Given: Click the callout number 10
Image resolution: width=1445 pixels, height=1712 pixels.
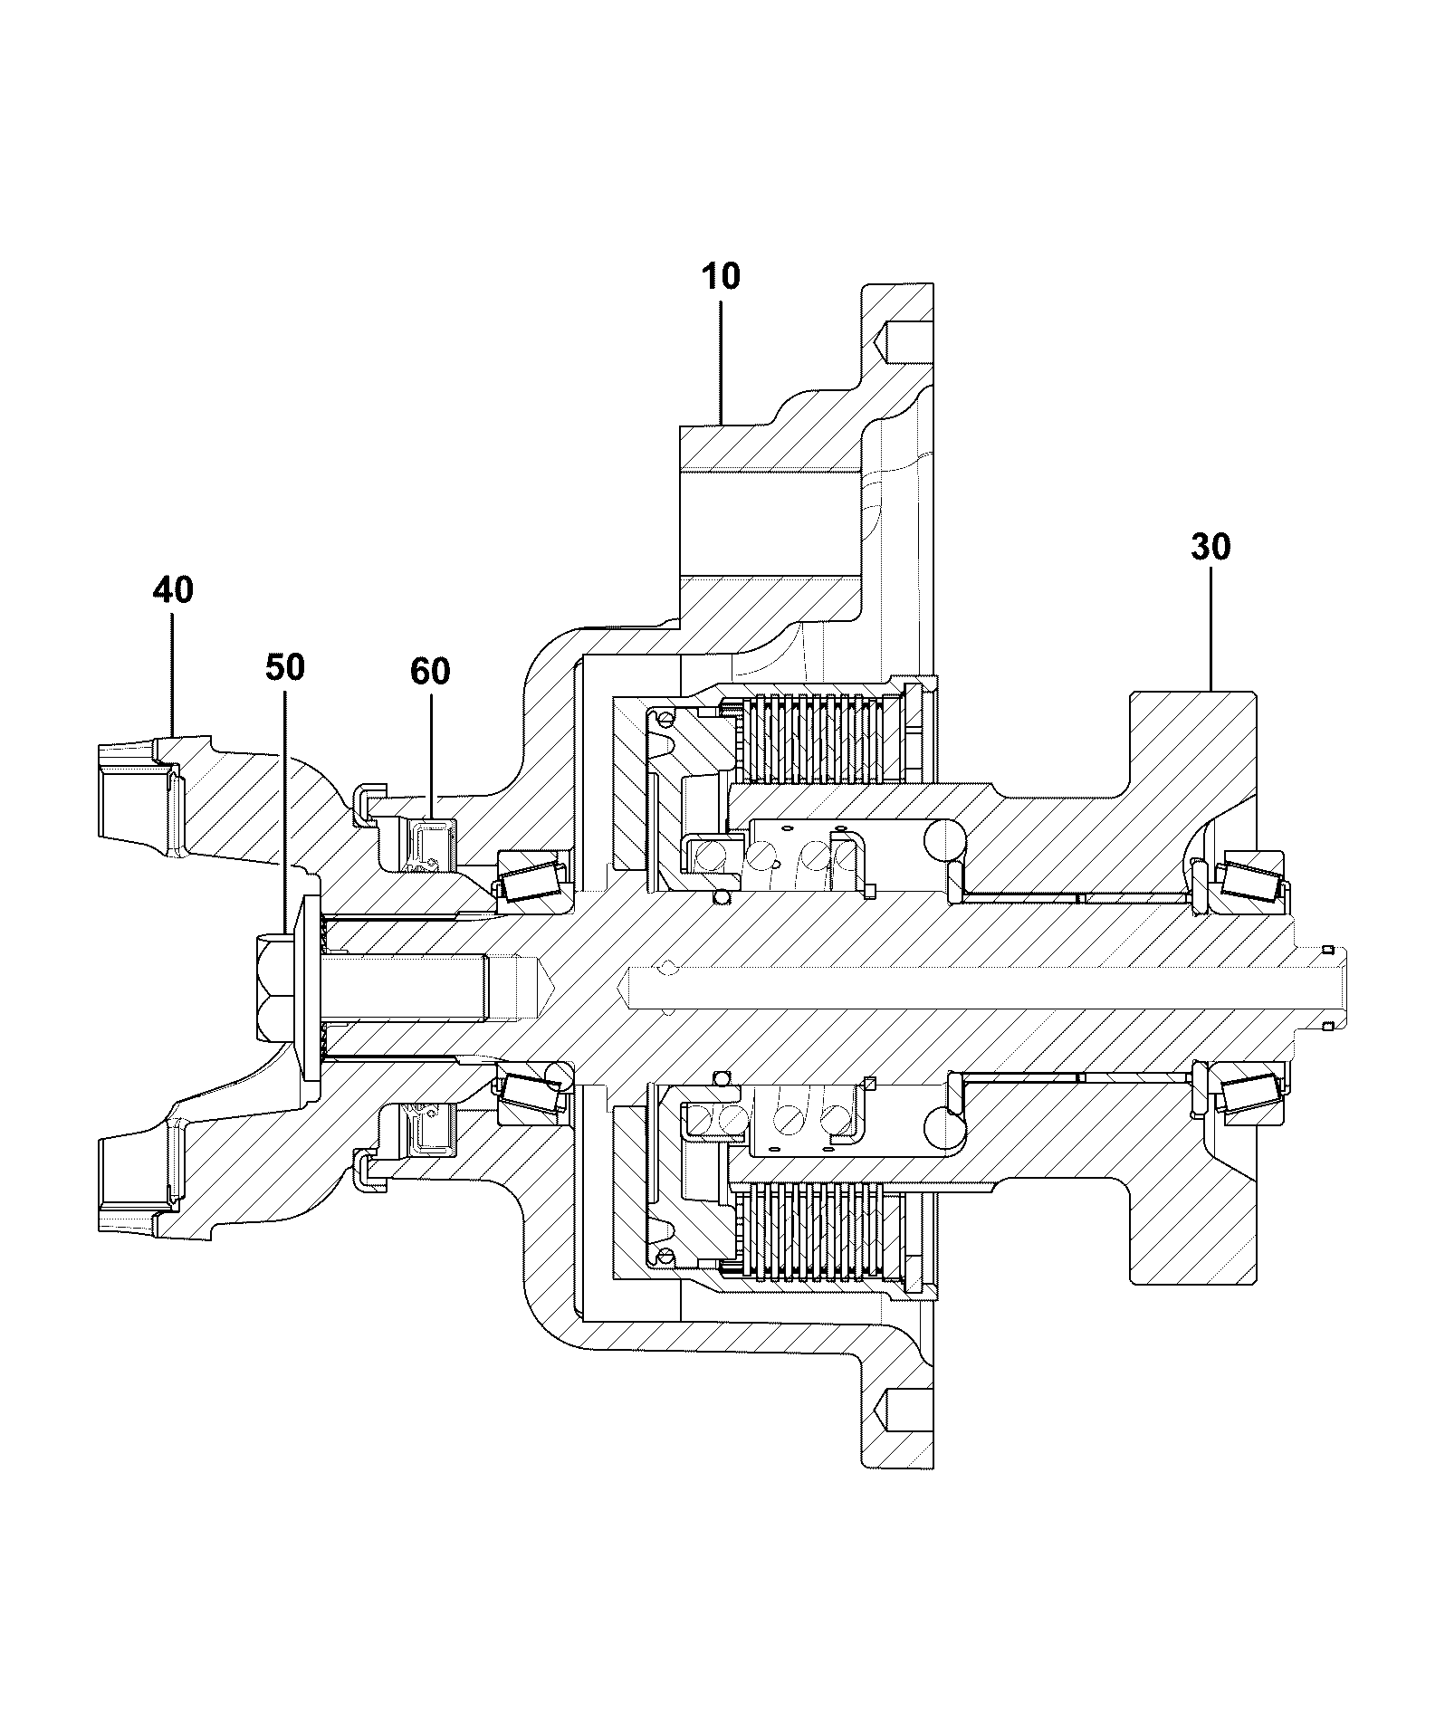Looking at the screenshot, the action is point(721,276).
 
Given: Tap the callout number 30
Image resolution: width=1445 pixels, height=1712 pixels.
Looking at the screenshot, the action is point(1211,548).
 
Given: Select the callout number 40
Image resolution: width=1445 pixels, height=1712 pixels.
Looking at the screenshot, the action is point(172,591).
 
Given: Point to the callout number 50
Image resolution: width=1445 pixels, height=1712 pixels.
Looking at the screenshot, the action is point(285,668).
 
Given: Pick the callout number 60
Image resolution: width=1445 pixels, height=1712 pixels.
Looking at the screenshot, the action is point(430,672).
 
